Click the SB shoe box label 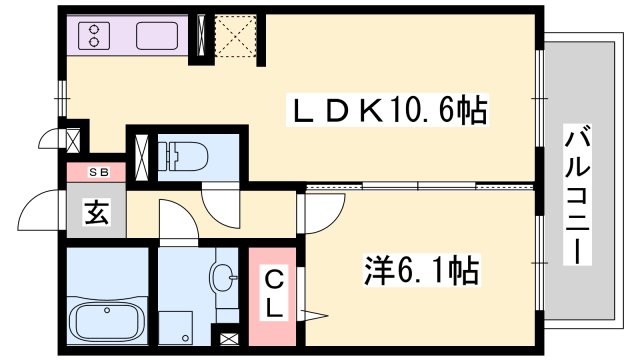click(x=97, y=172)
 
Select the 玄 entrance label click(x=97, y=212)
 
